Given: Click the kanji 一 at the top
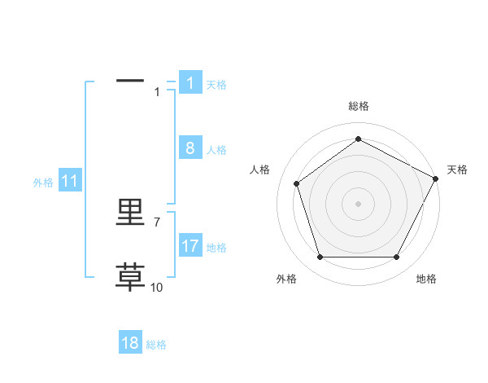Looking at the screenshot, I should click(130, 81).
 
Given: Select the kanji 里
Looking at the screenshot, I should click(130, 213).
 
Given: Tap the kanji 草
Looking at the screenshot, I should click(130, 278).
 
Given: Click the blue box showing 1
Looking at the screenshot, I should click(190, 83).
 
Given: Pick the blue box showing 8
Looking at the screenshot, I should click(190, 148).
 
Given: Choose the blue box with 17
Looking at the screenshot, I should click(190, 246).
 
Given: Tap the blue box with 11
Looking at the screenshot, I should click(69, 182).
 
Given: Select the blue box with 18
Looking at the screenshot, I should click(130, 343).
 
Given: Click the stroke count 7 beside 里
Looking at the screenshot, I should click(157, 222).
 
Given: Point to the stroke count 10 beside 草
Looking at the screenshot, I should click(157, 287).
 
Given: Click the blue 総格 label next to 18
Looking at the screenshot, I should click(156, 345).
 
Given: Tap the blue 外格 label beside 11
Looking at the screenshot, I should click(43, 183).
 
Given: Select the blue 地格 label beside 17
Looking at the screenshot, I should click(216, 248).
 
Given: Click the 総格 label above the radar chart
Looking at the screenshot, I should click(358, 106).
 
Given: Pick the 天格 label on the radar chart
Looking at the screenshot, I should click(457, 169).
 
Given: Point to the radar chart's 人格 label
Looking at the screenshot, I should click(259, 169).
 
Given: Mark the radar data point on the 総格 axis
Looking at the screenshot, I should click(358, 139).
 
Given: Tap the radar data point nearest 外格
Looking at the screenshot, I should click(320, 258).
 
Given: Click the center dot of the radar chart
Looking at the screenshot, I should click(358, 203).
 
